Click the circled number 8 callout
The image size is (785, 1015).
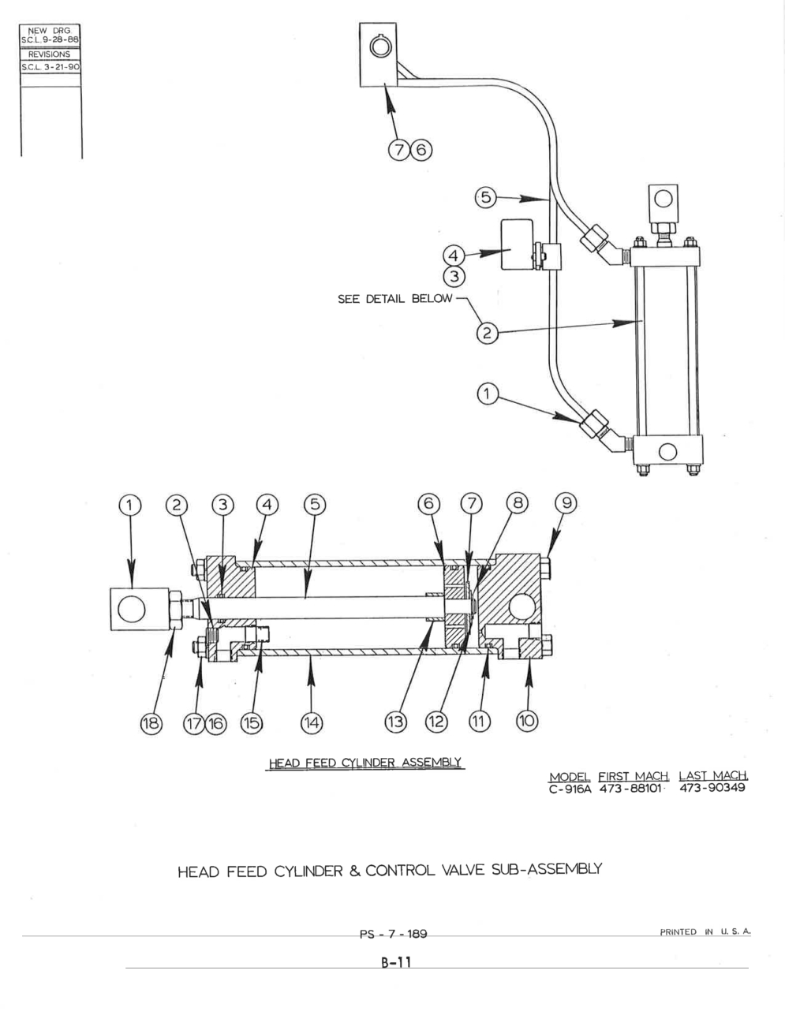tap(518, 503)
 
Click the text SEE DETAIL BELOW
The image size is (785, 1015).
tap(394, 299)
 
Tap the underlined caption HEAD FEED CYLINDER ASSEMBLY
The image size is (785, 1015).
tap(364, 763)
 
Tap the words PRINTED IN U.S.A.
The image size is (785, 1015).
tap(705, 931)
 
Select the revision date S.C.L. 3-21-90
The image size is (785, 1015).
tap(50, 67)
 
